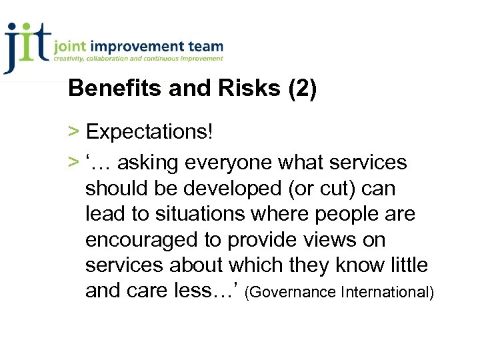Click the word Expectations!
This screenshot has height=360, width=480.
[149, 132]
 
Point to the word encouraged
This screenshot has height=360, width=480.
[137, 240]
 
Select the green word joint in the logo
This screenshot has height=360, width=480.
[70, 47]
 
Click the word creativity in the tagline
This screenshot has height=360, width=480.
[71, 59]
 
